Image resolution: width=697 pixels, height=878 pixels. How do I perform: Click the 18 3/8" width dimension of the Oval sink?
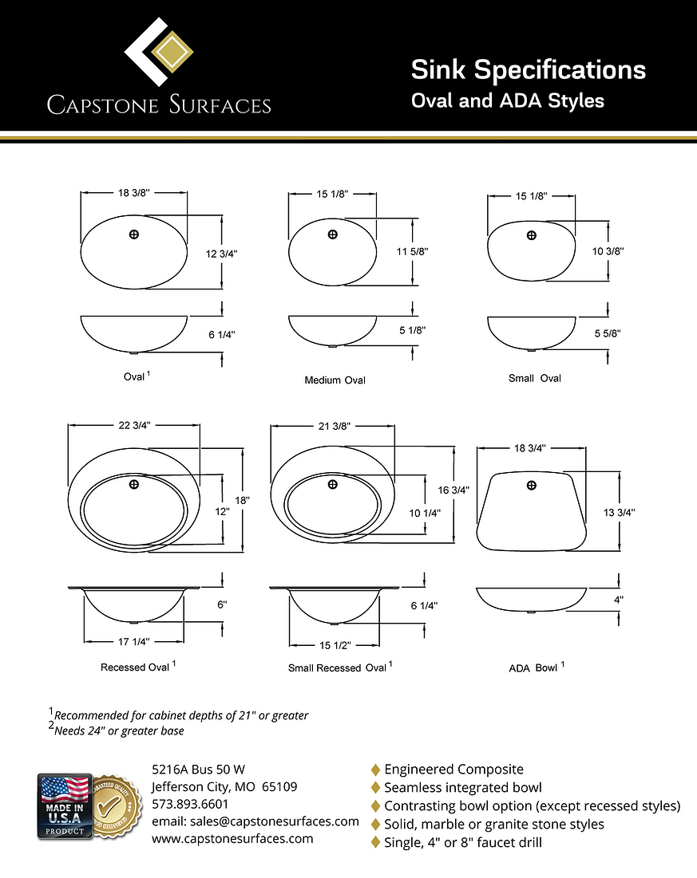pos(134,193)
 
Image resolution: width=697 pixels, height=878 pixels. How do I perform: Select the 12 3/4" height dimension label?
pos(221,253)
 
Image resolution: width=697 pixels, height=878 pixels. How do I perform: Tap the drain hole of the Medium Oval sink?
pos(332,234)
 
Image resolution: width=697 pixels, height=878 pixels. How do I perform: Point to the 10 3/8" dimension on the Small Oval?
pos(608,250)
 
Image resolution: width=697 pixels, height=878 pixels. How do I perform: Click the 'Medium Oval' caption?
pos(335,380)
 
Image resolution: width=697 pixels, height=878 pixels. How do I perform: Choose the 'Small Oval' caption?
pos(534,378)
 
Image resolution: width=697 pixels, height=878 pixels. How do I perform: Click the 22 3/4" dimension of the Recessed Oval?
pos(134,426)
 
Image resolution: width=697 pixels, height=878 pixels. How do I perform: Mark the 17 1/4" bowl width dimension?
pos(134,641)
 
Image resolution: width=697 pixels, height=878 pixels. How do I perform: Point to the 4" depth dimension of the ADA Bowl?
pos(619,599)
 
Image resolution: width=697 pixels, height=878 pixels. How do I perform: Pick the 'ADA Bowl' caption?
pos(534,667)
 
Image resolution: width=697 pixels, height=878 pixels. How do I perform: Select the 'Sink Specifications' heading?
pos(528,70)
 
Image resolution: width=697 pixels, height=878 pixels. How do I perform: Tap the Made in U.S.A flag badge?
pos(64,805)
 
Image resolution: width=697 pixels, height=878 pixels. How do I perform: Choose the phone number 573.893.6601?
pos(190,804)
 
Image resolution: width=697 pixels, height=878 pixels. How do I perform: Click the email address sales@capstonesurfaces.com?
pos(255,821)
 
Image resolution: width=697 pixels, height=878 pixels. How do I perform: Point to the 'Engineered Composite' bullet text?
pos(453,770)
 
